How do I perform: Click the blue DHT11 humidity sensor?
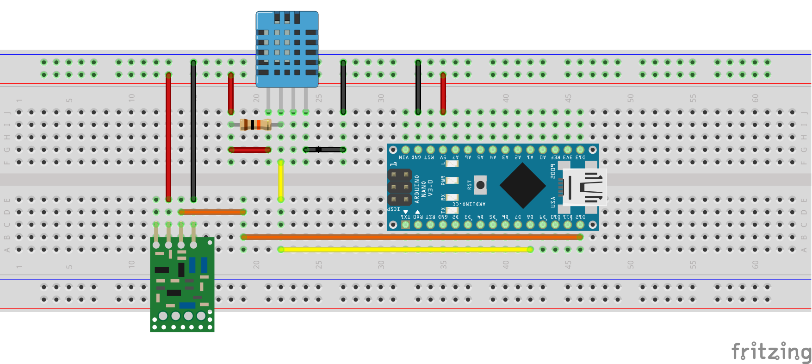click(x=287, y=49)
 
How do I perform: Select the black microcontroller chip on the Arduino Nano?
click(x=523, y=186)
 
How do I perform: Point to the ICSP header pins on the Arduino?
click(x=400, y=187)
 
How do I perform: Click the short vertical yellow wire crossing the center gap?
click(x=281, y=181)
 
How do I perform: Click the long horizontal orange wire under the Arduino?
click(x=412, y=237)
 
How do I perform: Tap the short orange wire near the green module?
click(x=212, y=212)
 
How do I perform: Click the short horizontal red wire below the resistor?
click(x=249, y=150)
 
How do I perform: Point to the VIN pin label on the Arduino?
click(x=404, y=157)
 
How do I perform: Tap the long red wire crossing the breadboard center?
click(x=168, y=137)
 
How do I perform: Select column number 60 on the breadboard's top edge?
click(x=755, y=98)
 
